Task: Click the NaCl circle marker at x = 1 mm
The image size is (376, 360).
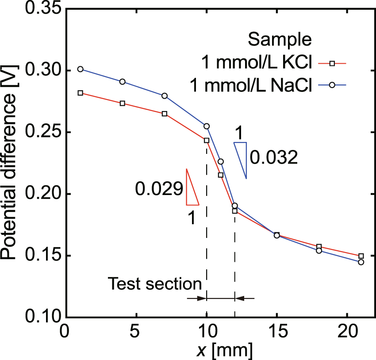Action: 81,69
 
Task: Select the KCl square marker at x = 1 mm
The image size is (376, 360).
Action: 81,93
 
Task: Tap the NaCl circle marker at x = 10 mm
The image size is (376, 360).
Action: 206,126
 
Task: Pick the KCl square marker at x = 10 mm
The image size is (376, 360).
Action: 206,140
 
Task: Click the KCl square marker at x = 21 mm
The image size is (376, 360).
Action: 361,256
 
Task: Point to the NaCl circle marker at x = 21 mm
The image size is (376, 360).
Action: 361,262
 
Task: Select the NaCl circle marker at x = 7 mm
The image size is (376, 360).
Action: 165,96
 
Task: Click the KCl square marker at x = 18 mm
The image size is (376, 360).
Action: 319,246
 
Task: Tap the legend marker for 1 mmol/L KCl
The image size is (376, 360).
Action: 332,64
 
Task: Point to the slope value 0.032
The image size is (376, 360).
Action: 273,157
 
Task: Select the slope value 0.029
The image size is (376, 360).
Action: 159,190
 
